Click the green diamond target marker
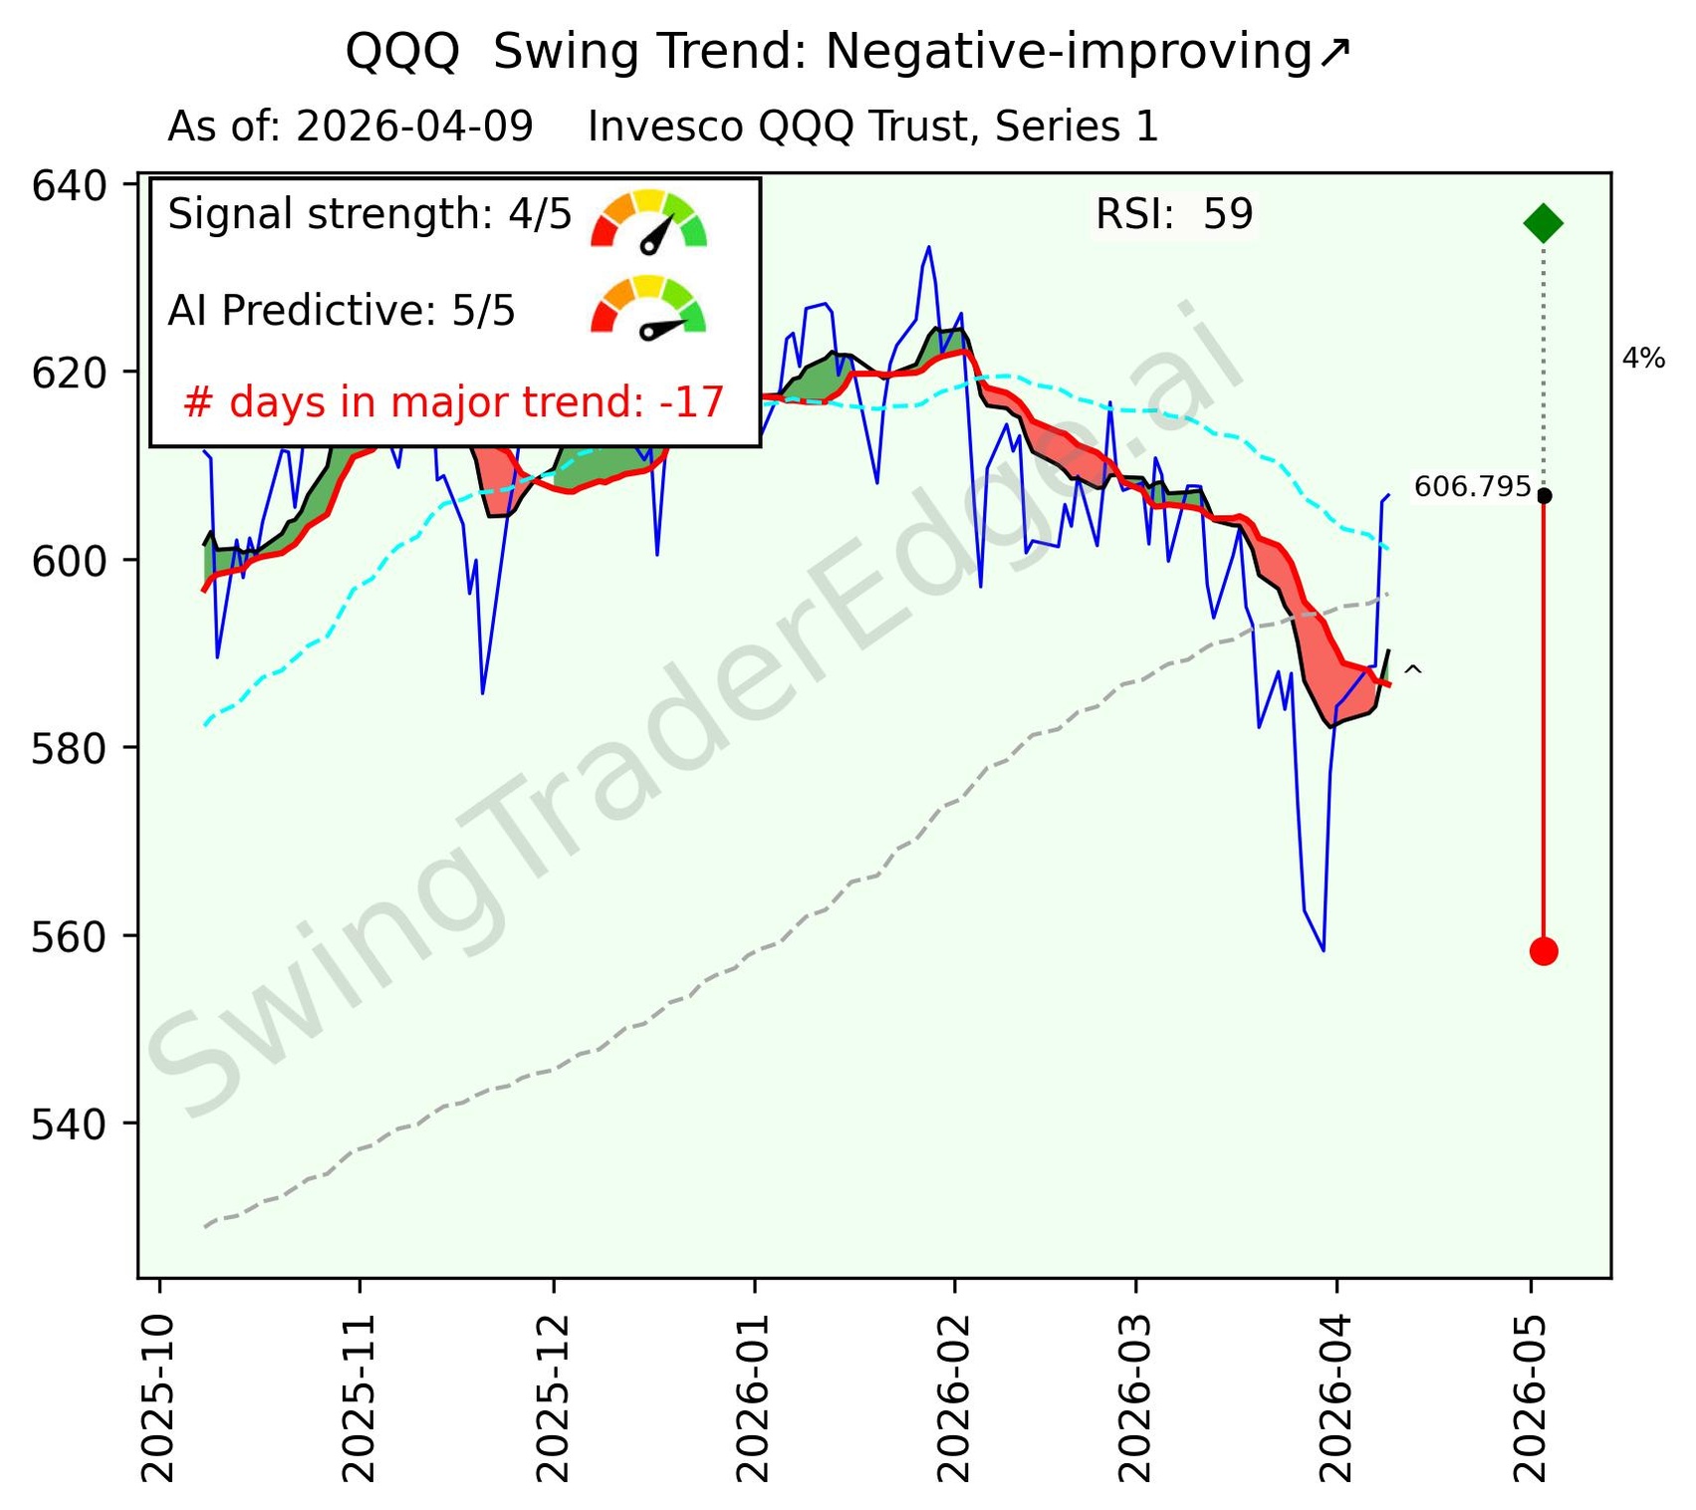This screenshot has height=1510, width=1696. pos(1543,223)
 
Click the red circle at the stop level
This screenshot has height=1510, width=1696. pos(1543,951)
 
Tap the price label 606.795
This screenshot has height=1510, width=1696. pos(1472,487)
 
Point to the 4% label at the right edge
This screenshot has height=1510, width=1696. pos(1643,359)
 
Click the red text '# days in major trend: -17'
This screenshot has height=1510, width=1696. pos(453,402)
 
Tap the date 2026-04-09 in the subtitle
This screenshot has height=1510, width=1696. pos(414,127)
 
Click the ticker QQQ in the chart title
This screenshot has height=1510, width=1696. pos(402,52)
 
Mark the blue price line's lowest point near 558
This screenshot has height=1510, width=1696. pos(1323,950)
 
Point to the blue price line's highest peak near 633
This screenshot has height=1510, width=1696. pos(928,247)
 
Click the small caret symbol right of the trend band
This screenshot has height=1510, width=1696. pos(1412,673)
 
